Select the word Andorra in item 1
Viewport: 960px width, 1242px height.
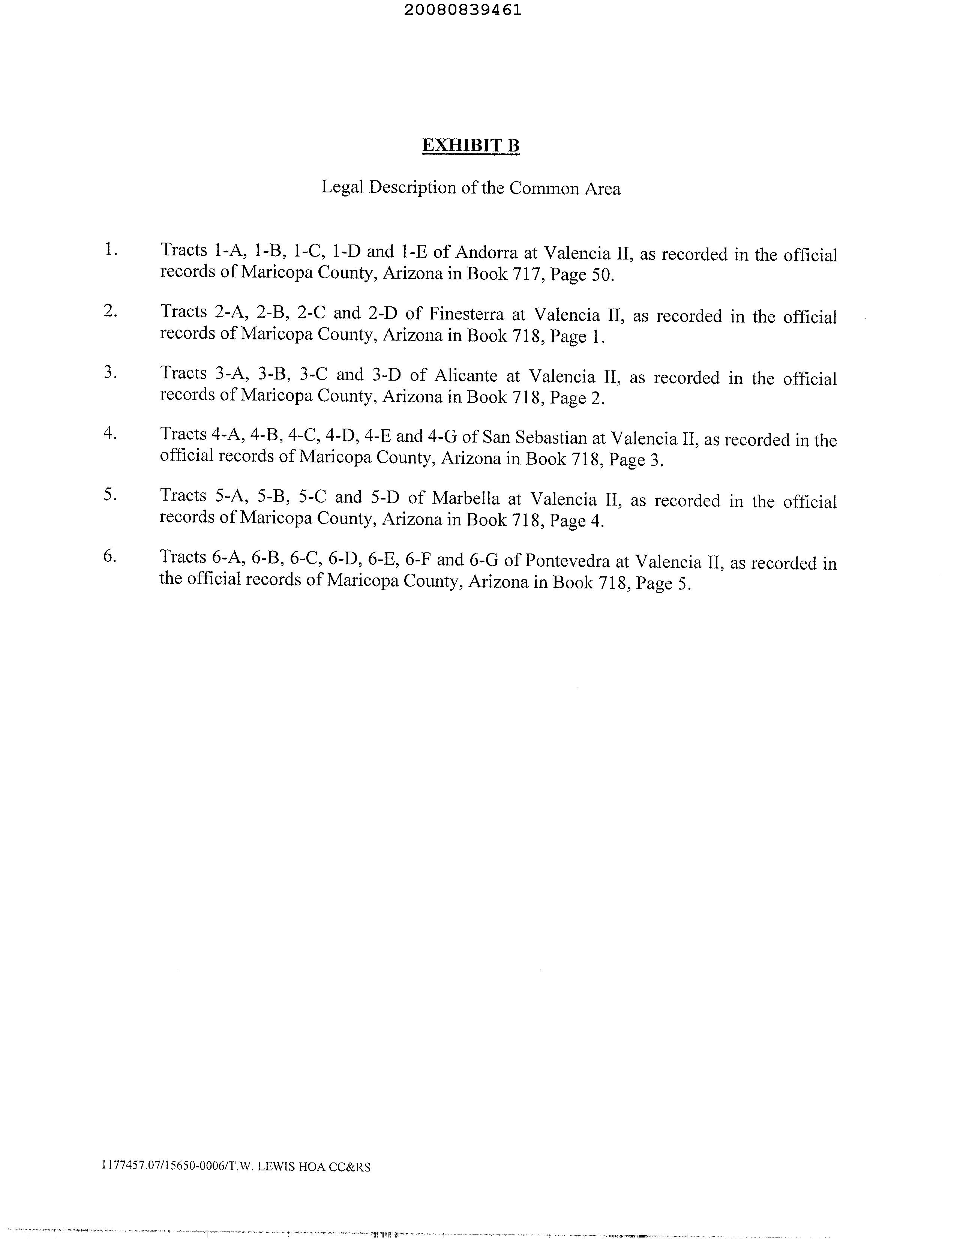[x=486, y=252]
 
